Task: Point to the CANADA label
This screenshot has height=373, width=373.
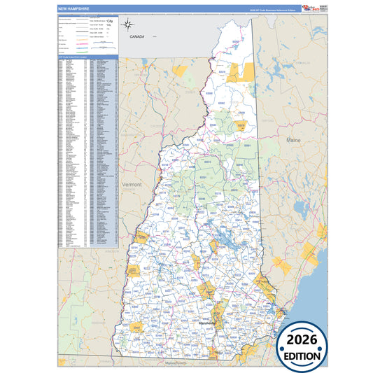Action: click(x=137, y=36)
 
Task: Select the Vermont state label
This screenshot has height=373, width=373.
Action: click(x=132, y=185)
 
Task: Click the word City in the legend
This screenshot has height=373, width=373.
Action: click(x=109, y=22)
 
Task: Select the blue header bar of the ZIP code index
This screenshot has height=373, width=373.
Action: click(x=87, y=57)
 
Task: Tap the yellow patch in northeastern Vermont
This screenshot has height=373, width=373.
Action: click(x=181, y=70)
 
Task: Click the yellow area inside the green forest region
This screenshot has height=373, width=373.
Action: click(x=241, y=127)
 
